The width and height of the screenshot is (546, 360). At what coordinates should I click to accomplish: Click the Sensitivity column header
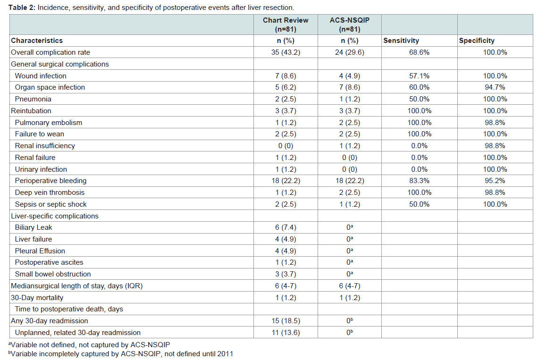[x=401, y=41]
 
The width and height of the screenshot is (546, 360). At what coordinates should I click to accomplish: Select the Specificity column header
[x=477, y=41]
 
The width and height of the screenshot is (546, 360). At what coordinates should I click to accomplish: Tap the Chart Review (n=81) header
[x=286, y=25]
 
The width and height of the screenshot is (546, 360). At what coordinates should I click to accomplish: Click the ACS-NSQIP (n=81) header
[x=350, y=25]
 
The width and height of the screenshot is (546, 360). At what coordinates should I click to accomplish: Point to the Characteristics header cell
[x=37, y=41]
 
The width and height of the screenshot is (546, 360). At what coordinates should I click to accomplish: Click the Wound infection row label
[x=41, y=76]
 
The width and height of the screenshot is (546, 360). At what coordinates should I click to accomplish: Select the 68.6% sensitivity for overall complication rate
[x=419, y=52]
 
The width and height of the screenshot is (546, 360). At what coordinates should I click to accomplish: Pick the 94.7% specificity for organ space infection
[x=495, y=87]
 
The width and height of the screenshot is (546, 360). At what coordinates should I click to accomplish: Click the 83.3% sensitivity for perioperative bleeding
[x=419, y=181]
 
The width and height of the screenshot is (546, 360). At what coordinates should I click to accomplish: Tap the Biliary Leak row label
[x=34, y=227]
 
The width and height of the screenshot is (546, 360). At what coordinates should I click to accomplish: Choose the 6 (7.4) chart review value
[x=286, y=227]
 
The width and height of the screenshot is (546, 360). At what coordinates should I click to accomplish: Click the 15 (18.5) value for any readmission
[x=286, y=321]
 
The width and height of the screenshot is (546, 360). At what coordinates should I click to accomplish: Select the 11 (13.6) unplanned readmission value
[x=286, y=333]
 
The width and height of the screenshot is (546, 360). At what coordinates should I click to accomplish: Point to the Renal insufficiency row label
[x=45, y=146]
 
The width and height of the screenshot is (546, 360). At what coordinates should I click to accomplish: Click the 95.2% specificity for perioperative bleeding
[x=495, y=181]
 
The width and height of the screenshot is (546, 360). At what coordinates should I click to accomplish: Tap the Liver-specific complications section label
[x=55, y=216]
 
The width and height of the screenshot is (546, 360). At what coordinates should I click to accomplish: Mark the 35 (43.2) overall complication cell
[x=286, y=52]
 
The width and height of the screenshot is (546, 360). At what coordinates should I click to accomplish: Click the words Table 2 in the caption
[x=22, y=7]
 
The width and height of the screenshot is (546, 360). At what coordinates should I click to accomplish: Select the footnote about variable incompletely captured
[x=120, y=354]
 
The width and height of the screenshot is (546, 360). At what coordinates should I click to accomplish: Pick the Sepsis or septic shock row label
[x=50, y=204]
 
